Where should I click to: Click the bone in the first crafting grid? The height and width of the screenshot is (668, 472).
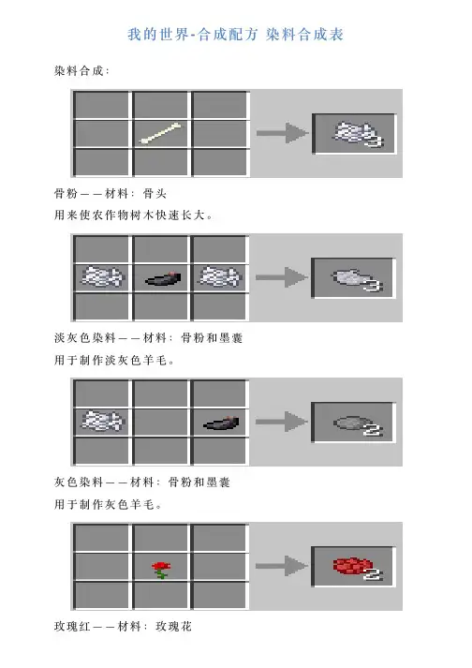pos(160,134)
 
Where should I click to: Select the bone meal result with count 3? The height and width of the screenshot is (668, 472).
pos(357,133)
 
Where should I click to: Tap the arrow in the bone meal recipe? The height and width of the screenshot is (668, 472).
pos(282,133)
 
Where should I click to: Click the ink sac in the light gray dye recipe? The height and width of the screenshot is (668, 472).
pos(163,278)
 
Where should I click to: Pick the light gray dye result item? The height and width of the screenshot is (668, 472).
pos(356,279)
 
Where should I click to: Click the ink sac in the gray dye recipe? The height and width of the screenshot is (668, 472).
pos(222,423)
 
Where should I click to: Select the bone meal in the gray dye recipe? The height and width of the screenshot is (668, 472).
pos(102,421)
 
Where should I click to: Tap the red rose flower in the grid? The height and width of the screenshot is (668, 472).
pos(161,570)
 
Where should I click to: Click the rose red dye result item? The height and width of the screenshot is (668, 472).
pos(357,568)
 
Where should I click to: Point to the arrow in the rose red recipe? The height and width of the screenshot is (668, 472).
pos(282,566)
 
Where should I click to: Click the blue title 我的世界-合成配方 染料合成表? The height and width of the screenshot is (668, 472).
pos(236,35)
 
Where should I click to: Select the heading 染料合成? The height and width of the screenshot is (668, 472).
pos(81,70)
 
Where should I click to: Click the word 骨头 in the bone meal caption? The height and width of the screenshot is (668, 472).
pos(155,194)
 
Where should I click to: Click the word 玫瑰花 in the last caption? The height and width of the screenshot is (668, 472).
pos(174,627)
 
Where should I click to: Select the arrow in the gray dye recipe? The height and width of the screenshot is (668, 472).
pos(282,422)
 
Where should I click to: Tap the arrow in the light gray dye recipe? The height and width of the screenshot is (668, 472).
pos(282,277)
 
